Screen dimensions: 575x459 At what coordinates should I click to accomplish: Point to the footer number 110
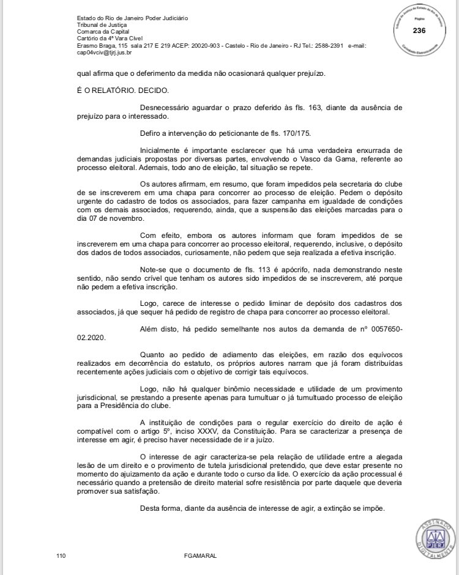coord(61,555)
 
